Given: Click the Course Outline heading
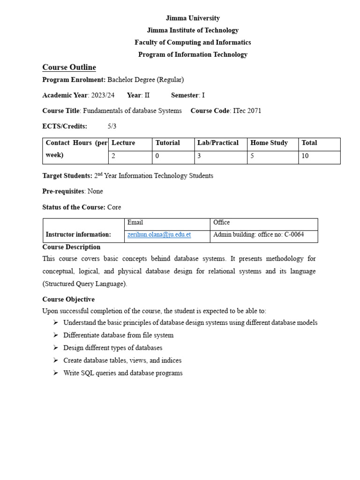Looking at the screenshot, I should pyautogui.click(x=69, y=67).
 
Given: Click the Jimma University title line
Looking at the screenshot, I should pyautogui.click(x=193, y=18).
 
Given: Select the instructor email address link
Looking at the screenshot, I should pyautogui.click(x=159, y=235).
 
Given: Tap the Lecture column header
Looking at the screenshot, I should pyautogui.click(x=123, y=143).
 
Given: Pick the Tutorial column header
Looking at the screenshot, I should pyautogui.click(x=167, y=143).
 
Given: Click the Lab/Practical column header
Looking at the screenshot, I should pyautogui.click(x=218, y=143).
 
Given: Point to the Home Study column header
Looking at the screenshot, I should pyautogui.click(x=269, y=143).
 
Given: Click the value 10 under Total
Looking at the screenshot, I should pyautogui.click(x=305, y=156).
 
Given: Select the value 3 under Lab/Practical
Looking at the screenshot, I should pyautogui.click(x=199, y=156).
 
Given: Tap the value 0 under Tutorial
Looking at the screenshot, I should pyautogui.click(x=157, y=156).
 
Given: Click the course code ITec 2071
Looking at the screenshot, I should pyautogui.click(x=247, y=111).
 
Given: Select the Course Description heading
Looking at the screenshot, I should pyautogui.click(x=71, y=247).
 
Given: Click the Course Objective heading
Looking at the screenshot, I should pyautogui.click(x=68, y=300).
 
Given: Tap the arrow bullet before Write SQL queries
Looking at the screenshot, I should pyautogui.click(x=55, y=373).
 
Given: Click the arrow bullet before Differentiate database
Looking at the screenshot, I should pyautogui.click(x=55, y=335).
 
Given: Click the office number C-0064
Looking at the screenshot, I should pyautogui.click(x=294, y=235).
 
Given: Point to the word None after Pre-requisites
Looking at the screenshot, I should pyautogui.click(x=95, y=192).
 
